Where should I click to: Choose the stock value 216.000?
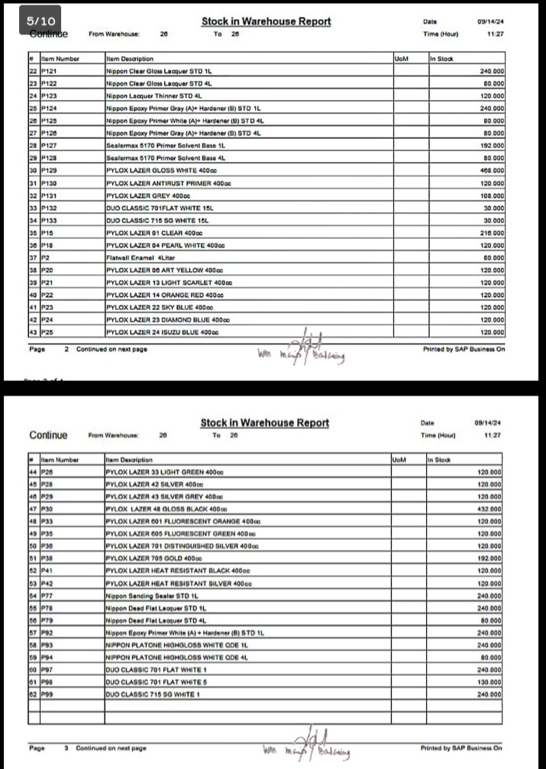tap(489, 233)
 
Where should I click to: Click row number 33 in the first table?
tap(33, 208)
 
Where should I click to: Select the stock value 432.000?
tap(489, 509)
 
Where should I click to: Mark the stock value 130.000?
tap(489, 682)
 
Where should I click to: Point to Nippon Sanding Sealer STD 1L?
tap(152, 595)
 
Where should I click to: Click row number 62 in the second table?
tap(33, 694)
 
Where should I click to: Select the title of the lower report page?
tap(265, 423)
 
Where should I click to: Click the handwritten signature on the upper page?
tap(305, 351)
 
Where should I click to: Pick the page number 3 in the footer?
tap(66, 748)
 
